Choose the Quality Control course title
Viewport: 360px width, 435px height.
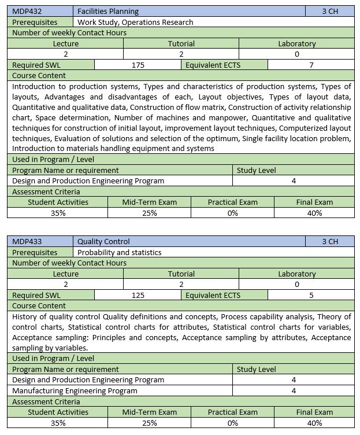point(103,241)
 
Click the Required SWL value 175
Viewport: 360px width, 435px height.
point(138,65)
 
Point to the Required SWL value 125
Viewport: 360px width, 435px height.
point(138,295)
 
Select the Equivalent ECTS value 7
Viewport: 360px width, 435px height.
point(311,65)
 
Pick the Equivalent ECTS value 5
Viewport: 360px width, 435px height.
point(311,295)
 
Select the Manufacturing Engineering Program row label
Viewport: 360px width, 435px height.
point(75,390)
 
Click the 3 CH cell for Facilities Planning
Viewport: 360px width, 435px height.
point(330,11)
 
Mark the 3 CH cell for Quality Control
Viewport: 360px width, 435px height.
point(330,241)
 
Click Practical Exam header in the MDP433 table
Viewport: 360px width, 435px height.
point(233,412)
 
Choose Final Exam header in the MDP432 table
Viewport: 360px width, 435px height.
point(314,202)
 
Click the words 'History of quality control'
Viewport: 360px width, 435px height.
point(56,316)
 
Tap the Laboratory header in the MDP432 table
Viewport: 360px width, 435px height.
point(296,43)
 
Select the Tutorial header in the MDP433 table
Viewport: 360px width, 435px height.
point(181,274)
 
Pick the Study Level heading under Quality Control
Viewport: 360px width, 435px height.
point(256,369)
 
